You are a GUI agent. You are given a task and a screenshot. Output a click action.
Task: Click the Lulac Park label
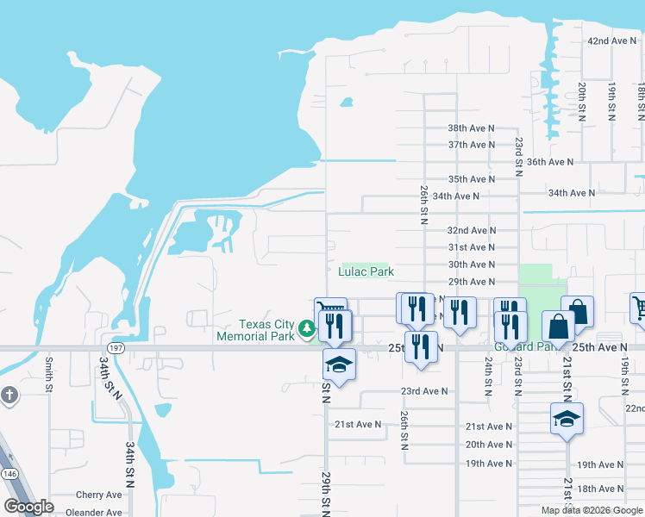pos(366,271)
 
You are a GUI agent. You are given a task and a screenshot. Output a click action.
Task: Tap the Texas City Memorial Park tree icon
pos(306,328)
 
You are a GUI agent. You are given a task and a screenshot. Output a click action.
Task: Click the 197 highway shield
pos(116,348)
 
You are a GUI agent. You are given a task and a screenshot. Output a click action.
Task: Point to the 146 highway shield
pos(8,473)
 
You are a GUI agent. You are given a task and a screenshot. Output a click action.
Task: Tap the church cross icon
pos(9,395)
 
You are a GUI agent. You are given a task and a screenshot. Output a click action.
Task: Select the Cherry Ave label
pos(99,495)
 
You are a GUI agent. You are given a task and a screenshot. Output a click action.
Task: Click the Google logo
pos(28,507)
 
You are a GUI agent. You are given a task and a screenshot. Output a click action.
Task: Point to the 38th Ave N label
pos(471,128)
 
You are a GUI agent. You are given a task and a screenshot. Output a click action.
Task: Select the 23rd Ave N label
pos(424,390)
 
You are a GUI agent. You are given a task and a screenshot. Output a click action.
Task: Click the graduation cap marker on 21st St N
pos(567,420)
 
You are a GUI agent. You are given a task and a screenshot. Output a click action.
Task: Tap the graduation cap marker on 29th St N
pos(339,365)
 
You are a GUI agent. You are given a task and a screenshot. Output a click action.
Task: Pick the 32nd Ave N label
pos(471,230)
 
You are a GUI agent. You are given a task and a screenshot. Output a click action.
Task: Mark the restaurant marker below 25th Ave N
pos(421,347)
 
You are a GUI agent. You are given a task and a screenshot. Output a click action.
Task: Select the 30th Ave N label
pos(471,265)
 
